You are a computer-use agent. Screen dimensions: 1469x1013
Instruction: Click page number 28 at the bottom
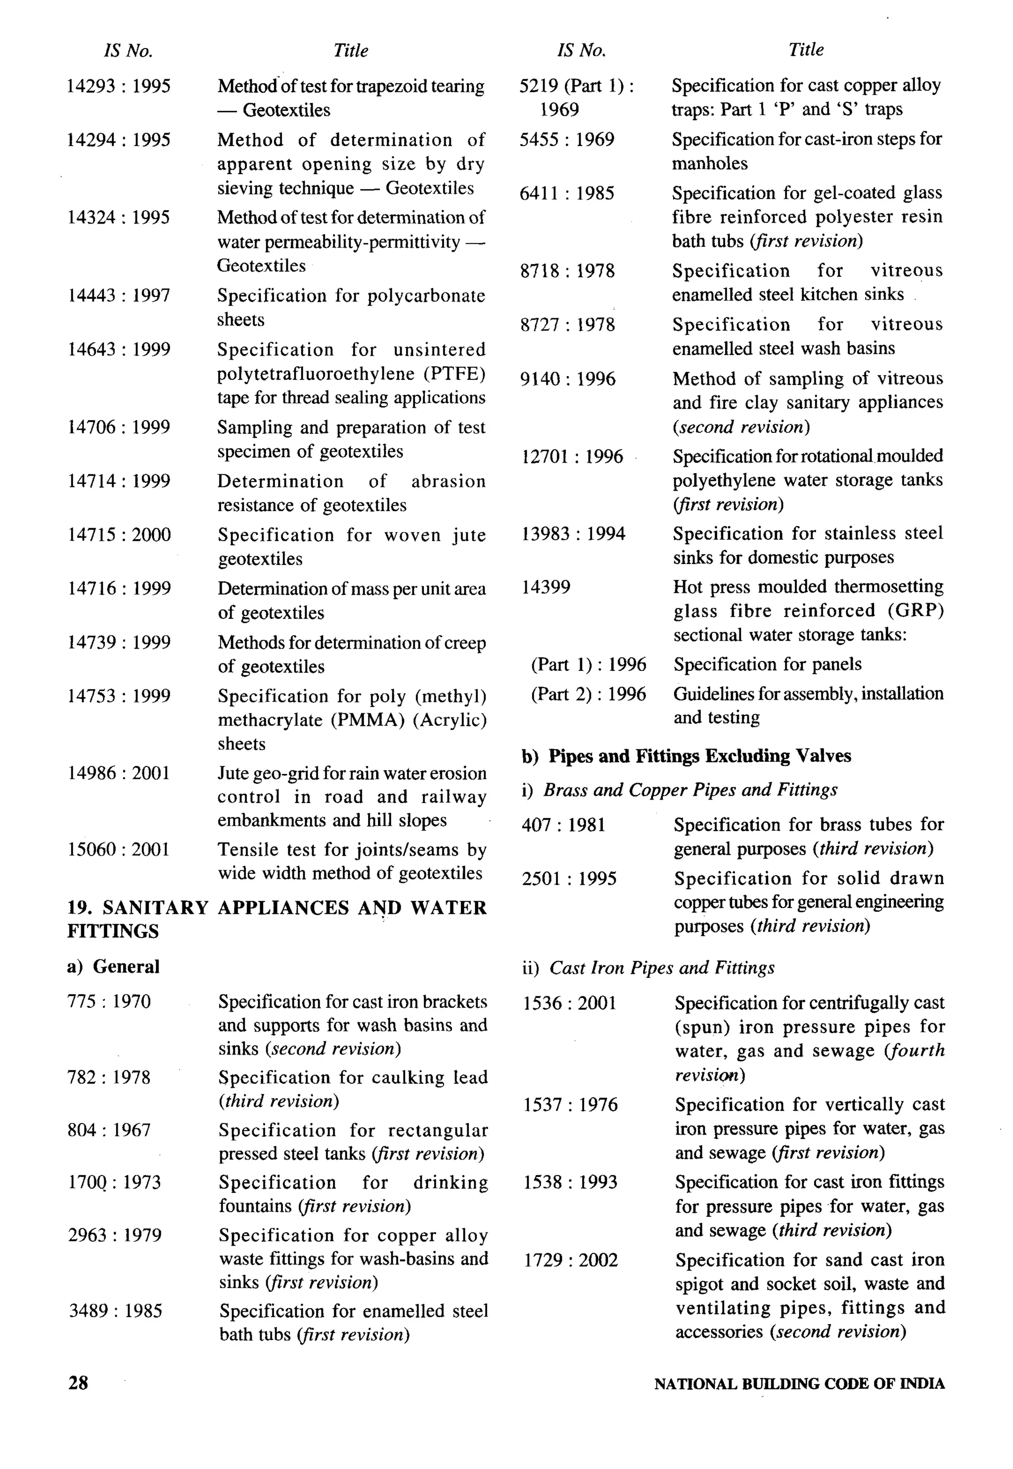(x=78, y=1383)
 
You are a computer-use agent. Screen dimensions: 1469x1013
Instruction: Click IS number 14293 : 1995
(x=119, y=86)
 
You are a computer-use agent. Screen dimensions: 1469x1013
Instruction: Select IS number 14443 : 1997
(x=119, y=295)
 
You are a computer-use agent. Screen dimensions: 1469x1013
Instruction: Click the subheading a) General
(x=113, y=966)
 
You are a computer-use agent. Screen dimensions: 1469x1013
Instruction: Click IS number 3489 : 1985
(x=115, y=1311)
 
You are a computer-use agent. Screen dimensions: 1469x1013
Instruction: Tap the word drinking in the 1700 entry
(x=450, y=1182)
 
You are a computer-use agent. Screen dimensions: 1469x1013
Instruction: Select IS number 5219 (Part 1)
(x=576, y=86)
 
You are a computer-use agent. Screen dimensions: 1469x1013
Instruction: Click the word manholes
(x=710, y=163)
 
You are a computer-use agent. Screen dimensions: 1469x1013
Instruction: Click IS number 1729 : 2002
(x=570, y=1260)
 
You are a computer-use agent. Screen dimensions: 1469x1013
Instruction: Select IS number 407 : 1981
(x=563, y=825)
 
